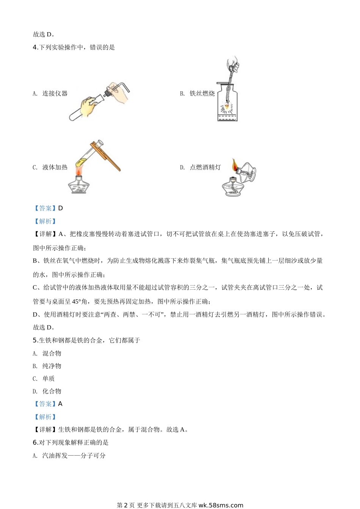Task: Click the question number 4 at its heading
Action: (x=35, y=47)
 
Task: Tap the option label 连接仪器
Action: (x=55, y=94)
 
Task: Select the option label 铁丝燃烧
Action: (x=202, y=94)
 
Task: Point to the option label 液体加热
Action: (x=55, y=167)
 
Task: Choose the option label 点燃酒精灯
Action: (x=205, y=167)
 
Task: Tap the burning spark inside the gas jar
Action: (x=227, y=107)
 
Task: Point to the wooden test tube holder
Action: (x=105, y=156)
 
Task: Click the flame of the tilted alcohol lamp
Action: (x=235, y=164)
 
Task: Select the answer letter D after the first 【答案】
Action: (x=61, y=208)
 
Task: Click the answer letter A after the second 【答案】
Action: (x=60, y=404)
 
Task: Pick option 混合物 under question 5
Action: (x=52, y=353)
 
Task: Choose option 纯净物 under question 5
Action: (x=52, y=366)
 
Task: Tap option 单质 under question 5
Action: (x=49, y=379)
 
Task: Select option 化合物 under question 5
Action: (x=52, y=391)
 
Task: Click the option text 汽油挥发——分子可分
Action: (x=74, y=455)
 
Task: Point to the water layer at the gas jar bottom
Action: (x=227, y=118)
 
